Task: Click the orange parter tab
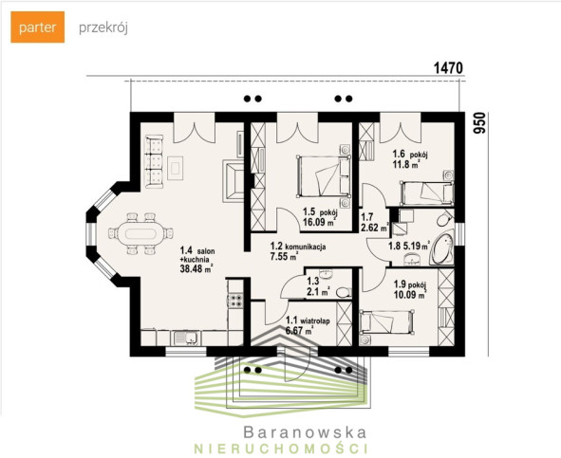click(x=38, y=27)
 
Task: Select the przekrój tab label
click(x=103, y=27)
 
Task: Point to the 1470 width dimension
click(x=448, y=68)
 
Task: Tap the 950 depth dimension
click(x=479, y=123)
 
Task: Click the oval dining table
click(x=138, y=234)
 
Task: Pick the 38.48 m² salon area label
click(x=196, y=269)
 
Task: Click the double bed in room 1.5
click(x=324, y=176)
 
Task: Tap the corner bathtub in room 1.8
click(x=442, y=247)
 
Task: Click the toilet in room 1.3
click(x=344, y=293)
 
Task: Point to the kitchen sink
click(x=186, y=338)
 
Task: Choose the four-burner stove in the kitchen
click(x=235, y=300)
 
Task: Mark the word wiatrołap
click(x=315, y=321)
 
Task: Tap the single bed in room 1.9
click(x=387, y=322)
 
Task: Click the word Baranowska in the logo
click(x=306, y=432)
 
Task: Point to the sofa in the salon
click(x=154, y=161)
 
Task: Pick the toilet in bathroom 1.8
click(x=445, y=218)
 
